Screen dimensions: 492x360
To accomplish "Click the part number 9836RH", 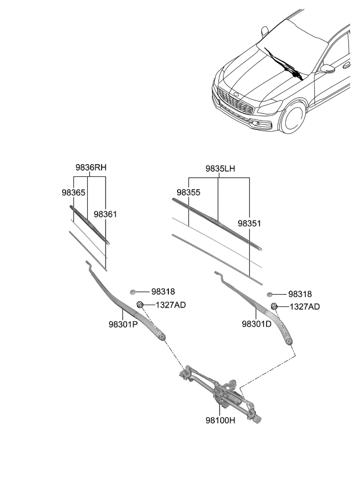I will tap(91, 167).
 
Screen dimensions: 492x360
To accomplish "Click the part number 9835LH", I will tap(220, 168).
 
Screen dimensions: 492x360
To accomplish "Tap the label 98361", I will tap(106, 214).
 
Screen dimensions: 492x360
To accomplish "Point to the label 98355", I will tap(189, 191).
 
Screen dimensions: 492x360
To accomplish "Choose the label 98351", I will tap(249, 222).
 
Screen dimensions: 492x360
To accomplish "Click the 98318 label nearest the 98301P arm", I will tap(163, 292).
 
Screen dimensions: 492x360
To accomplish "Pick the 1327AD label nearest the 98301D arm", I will tap(305, 306).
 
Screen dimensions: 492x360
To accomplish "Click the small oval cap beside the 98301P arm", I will tap(133, 292).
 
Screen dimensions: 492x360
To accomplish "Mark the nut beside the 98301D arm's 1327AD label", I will tap(274, 306).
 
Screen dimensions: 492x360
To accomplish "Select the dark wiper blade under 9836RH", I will tap(89, 223).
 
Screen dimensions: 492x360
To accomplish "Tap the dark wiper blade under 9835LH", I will tap(217, 223).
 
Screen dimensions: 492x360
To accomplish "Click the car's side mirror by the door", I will tap(328, 68).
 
